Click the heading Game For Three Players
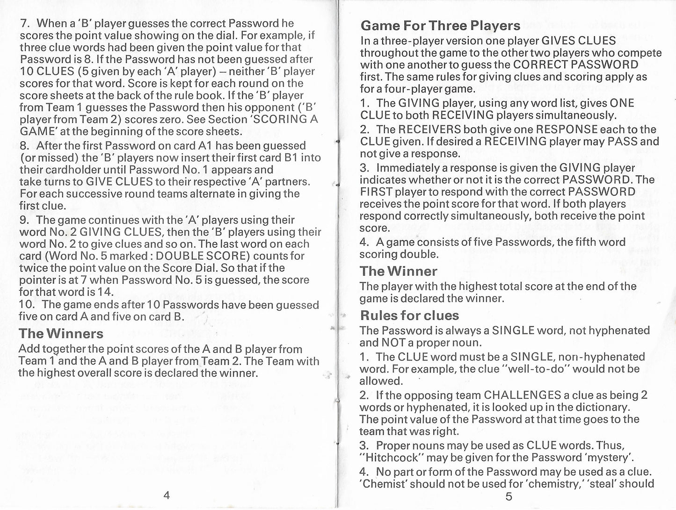[440, 26]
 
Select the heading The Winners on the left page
[61, 334]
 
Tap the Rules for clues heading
[409, 316]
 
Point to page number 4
[167, 496]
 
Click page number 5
[509, 496]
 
